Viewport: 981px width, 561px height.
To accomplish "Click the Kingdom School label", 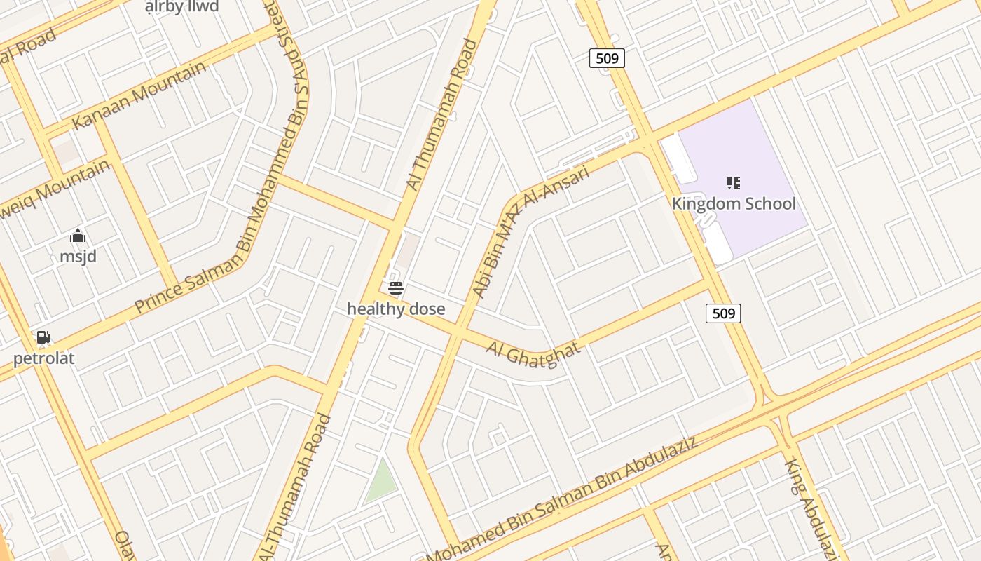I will pos(734,204).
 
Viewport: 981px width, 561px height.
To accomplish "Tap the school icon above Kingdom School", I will pos(734,184).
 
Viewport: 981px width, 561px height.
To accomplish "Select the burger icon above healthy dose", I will pos(396,288).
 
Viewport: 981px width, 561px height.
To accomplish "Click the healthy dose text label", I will pos(396,309).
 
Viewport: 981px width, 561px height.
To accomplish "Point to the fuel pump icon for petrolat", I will pos(43,338).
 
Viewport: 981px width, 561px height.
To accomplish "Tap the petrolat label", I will pos(43,359).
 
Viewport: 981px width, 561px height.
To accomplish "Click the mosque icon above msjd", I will pos(78,236).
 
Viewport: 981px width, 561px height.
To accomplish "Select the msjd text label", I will pos(78,257).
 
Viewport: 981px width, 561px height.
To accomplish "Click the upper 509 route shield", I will pos(607,58).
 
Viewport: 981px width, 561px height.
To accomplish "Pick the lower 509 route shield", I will pos(723,313).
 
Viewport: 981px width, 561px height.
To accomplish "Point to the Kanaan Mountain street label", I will pos(139,95).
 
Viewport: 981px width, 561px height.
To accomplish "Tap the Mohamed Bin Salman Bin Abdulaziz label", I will pos(561,501).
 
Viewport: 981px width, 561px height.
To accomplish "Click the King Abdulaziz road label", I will pos(813,508).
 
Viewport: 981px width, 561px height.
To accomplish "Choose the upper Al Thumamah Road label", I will pos(442,114).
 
